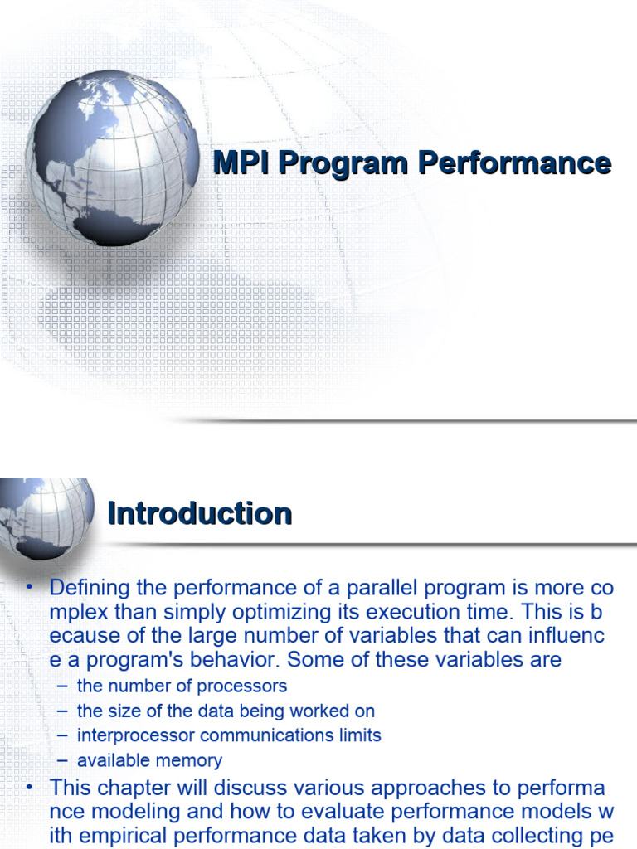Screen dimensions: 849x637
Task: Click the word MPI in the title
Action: (241, 163)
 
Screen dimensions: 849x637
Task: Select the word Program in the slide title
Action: (343, 163)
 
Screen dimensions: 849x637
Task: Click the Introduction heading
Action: (200, 513)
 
